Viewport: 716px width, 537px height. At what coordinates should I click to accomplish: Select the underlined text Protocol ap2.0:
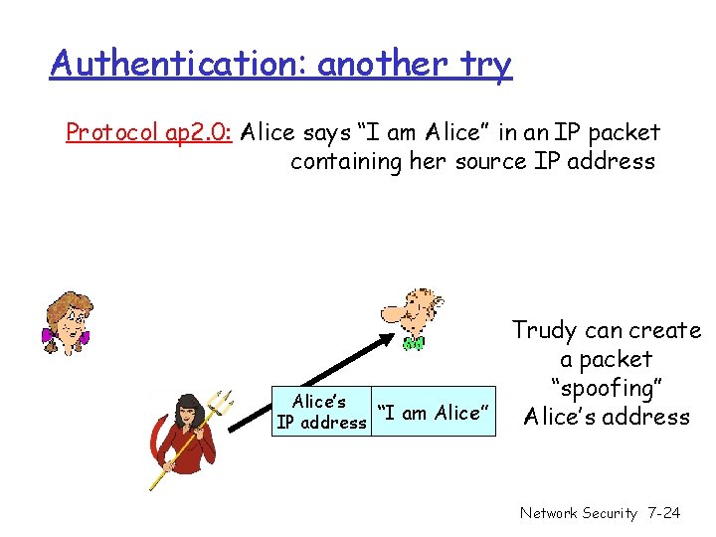148,133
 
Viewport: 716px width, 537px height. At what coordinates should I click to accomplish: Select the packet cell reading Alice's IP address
321,412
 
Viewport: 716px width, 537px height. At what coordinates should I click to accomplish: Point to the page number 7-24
663,513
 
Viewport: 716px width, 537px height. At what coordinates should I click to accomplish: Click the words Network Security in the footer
578,513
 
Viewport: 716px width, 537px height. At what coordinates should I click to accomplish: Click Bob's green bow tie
414,343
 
